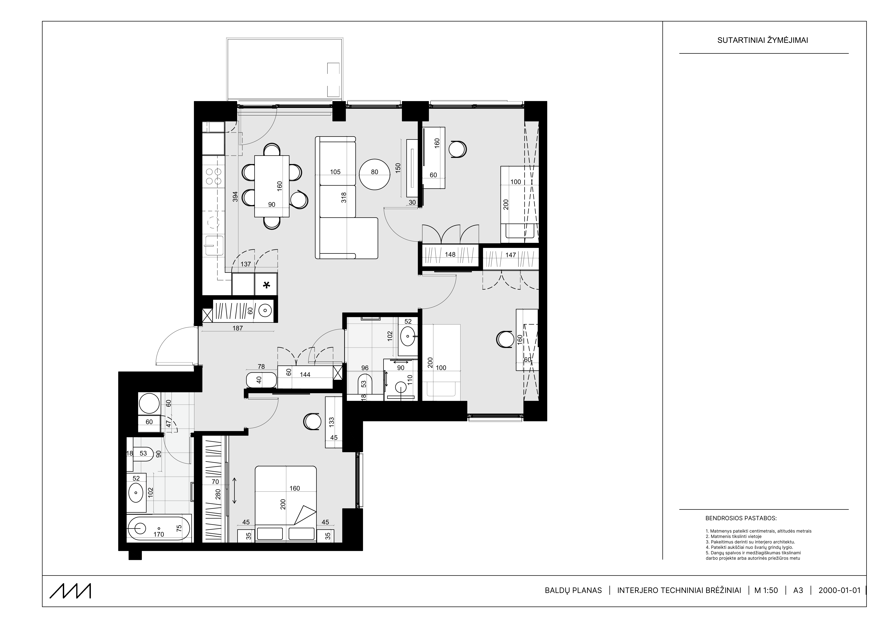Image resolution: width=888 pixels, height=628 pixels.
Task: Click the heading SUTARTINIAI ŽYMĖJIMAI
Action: pos(763,40)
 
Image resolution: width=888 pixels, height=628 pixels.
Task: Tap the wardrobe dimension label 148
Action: pos(450,255)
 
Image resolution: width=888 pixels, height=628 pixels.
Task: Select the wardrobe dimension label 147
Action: pos(510,255)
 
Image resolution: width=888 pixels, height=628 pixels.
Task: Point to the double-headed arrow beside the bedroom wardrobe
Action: pos(234,490)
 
